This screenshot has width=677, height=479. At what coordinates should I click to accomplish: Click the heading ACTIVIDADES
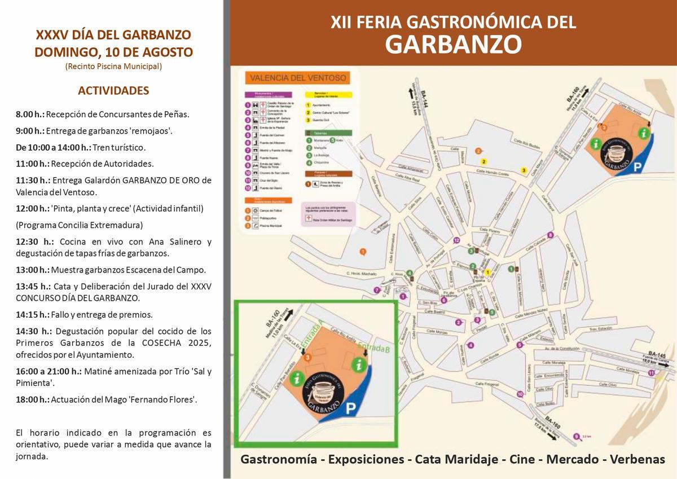113,91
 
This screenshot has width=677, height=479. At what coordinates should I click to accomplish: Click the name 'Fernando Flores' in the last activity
163,400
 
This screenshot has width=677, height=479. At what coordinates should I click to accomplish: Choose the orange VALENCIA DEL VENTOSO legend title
298,78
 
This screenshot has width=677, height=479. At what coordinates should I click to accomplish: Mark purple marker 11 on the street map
652,373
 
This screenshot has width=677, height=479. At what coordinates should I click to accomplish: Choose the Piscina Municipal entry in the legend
269,226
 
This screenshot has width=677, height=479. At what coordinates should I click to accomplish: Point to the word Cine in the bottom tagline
522,459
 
